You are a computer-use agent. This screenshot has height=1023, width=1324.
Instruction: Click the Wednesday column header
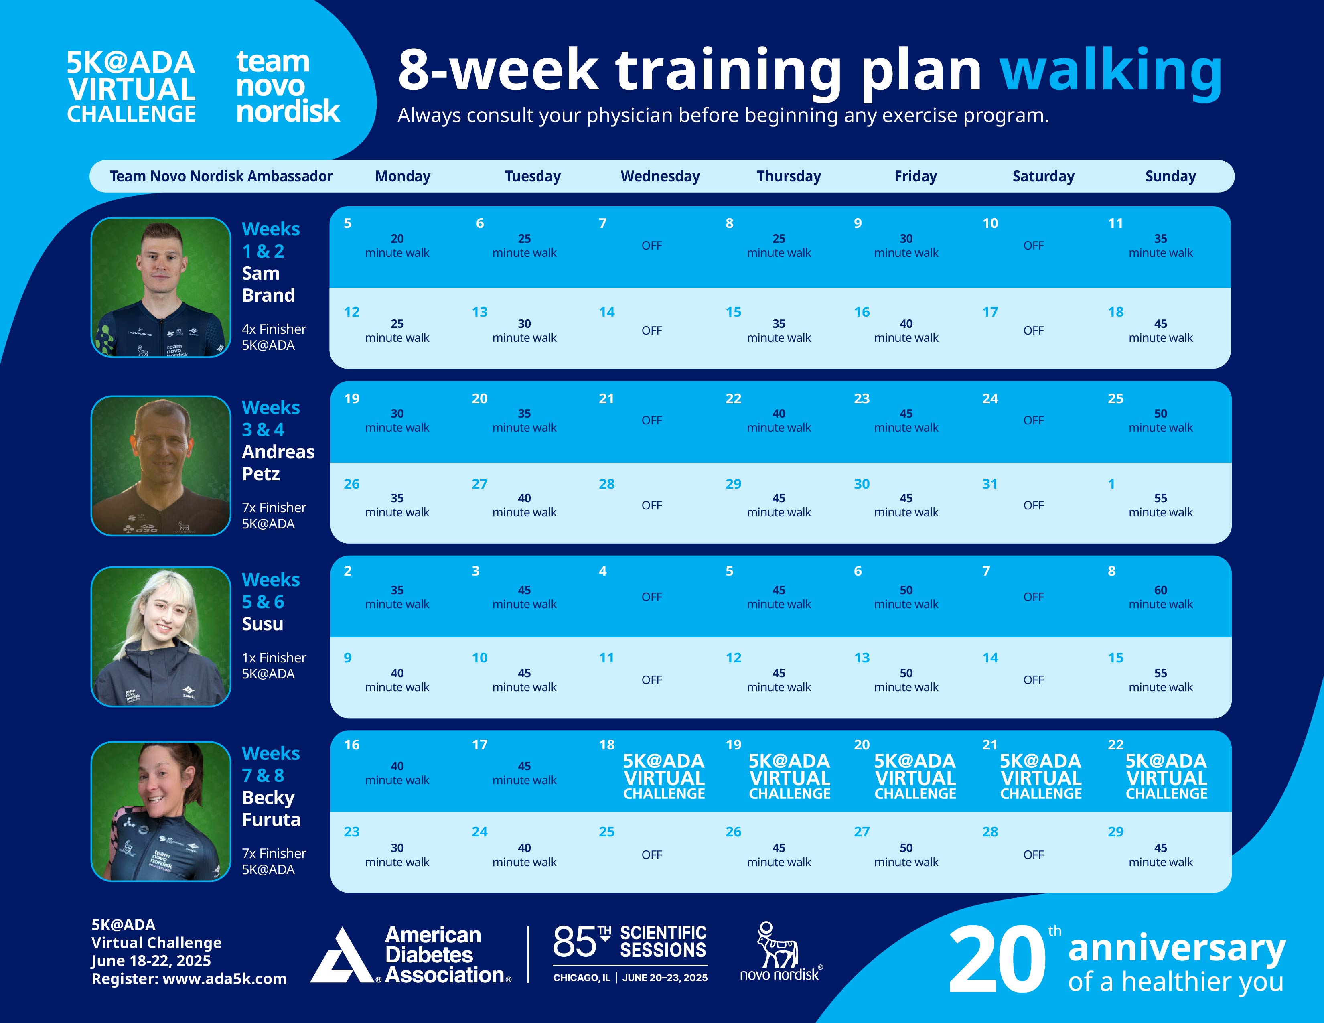(x=660, y=177)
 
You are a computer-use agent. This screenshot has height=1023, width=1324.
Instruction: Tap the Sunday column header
(x=1170, y=177)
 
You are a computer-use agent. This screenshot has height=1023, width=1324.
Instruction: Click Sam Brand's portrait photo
(x=161, y=287)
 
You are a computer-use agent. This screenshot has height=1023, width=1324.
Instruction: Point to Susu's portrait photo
(x=161, y=637)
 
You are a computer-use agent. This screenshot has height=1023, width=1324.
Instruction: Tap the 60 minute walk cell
(x=1160, y=597)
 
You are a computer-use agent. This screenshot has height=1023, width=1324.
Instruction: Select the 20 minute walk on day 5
(x=397, y=246)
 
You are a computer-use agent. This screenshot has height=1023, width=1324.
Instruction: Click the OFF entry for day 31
(x=1034, y=505)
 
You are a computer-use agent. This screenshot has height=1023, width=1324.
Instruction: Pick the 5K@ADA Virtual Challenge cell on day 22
(x=1166, y=777)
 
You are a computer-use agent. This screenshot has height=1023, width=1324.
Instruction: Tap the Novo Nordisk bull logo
(x=779, y=947)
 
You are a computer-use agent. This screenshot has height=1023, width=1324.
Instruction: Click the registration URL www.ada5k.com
(x=224, y=979)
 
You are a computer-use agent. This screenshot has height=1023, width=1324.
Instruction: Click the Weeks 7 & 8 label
(x=270, y=764)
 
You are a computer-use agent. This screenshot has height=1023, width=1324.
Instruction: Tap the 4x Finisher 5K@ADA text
(x=274, y=337)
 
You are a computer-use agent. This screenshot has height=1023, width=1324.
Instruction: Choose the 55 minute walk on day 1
(x=1160, y=505)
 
